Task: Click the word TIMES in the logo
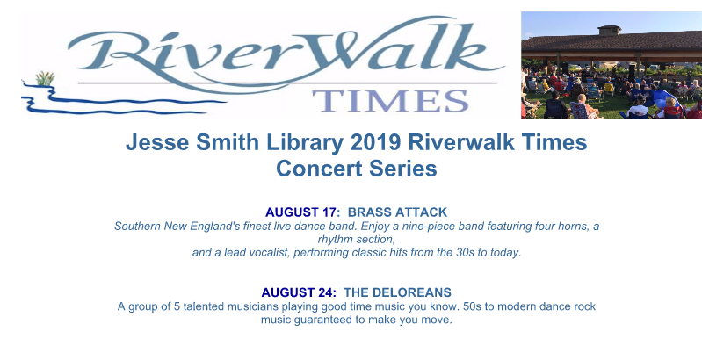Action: pyautogui.click(x=390, y=101)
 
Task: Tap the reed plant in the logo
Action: pyautogui.click(x=45, y=78)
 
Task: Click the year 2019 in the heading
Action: pyautogui.click(x=375, y=142)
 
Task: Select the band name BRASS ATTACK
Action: pyautogui.click(x=397, y=212)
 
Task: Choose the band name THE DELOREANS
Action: pyautogui.click(x=397, y=292)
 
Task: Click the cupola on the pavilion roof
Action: pyautogui.click(x=610, y=31)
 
